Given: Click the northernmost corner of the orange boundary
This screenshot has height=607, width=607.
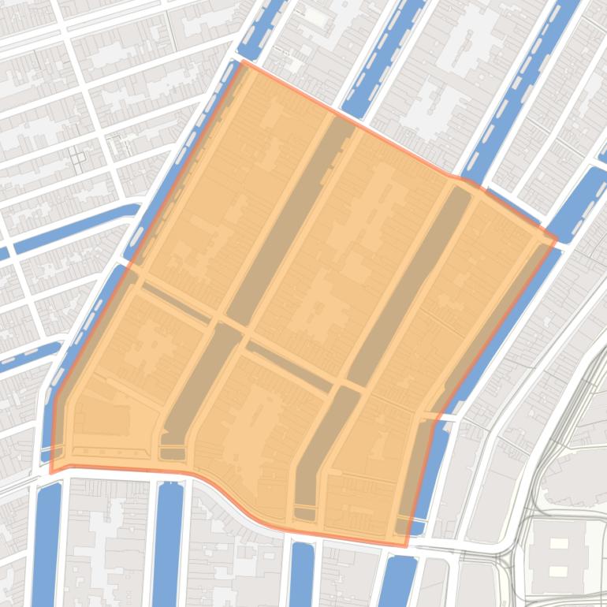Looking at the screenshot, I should click(242, 61).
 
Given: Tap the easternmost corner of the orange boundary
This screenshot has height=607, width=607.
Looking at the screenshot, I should click(557, 239).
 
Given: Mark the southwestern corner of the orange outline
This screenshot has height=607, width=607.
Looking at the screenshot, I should click(51, 472).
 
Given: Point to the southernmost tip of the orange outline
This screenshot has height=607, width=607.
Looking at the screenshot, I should click(406, 546).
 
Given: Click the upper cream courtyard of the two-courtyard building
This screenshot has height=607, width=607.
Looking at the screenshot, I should click(557, 543).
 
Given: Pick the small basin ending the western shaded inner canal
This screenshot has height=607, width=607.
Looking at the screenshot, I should click(172, 454).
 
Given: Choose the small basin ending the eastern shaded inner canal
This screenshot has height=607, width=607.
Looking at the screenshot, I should click(304, 514).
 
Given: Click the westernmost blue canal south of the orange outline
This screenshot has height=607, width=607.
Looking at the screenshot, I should click(47, 544).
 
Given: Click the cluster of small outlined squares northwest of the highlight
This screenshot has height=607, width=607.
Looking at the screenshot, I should click(78, 158).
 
